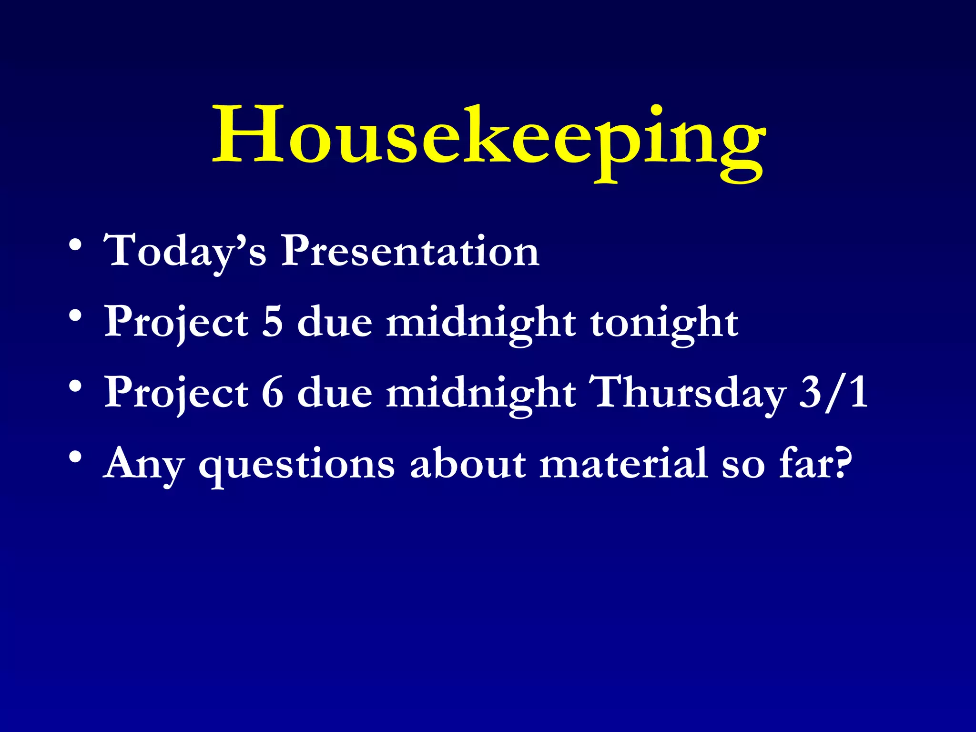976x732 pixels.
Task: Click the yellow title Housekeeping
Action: click(x=489, y=138)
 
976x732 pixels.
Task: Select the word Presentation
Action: click(x=410, y=251)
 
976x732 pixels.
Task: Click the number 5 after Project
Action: click(x=273, y=322)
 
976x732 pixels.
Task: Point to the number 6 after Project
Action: click(x=273, y=393)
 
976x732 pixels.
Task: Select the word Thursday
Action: click(x=686, y=392)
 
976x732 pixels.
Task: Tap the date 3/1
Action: click(x=833, y=393)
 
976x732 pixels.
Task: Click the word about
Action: click(x=468, y=463)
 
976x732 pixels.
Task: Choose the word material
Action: click(x=623, y=463)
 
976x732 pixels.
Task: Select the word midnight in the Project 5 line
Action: click(x=480, y=322)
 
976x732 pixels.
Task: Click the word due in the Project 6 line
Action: click(x=335, y=393)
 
